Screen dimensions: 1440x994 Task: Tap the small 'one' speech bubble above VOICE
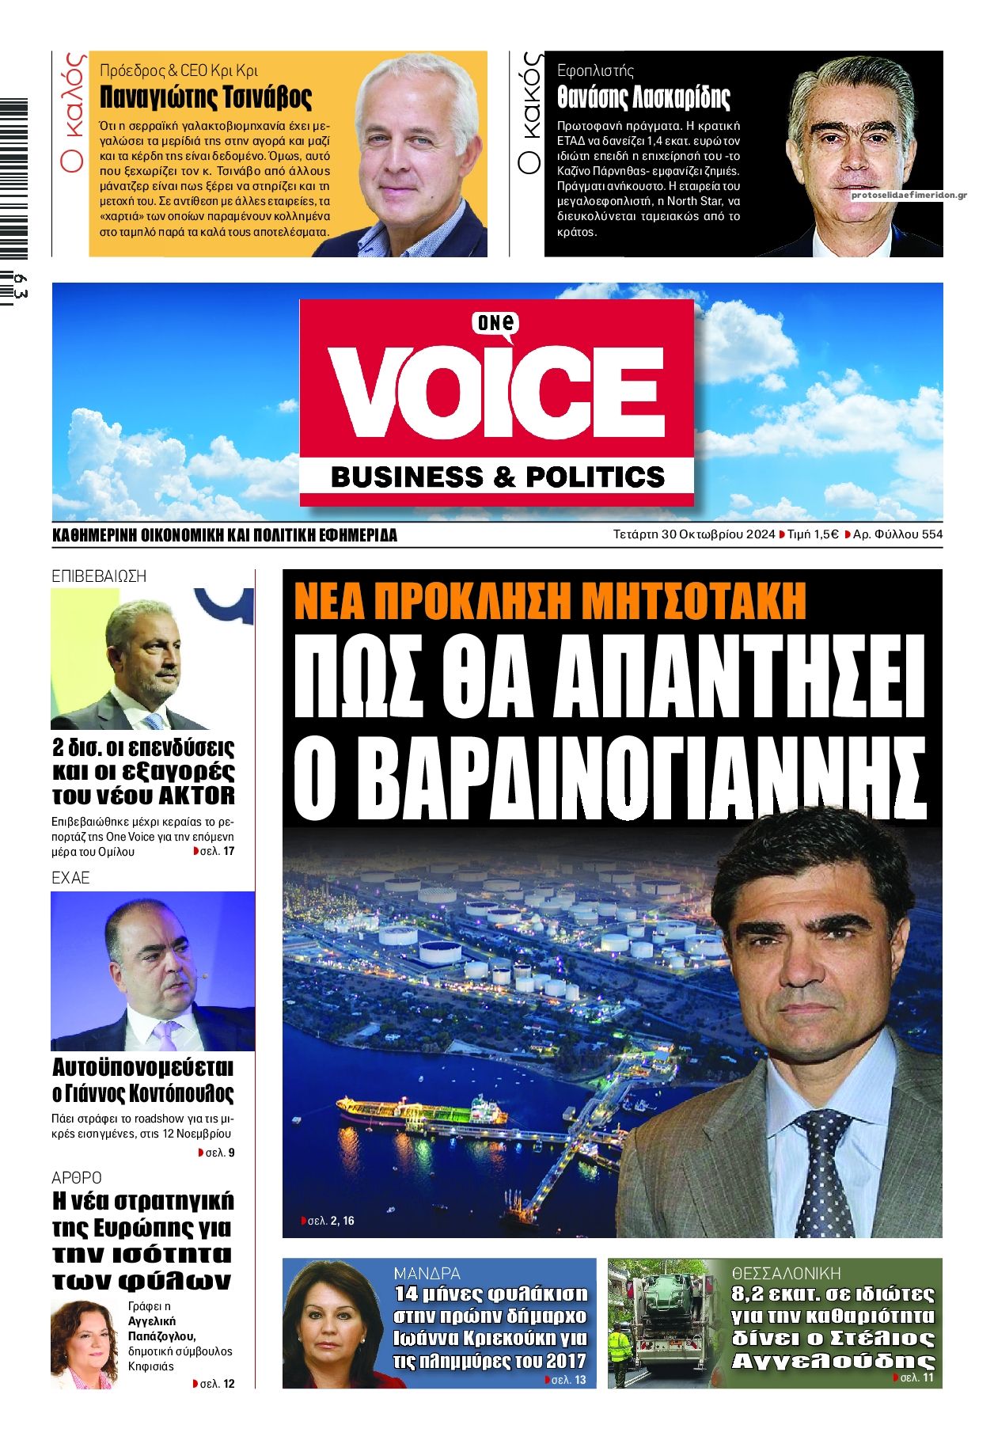coord(495,323)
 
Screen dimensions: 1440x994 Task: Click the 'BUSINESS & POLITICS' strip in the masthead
coord(497,477)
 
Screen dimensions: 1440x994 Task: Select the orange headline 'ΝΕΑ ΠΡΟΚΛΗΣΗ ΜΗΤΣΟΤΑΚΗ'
coord(550,602)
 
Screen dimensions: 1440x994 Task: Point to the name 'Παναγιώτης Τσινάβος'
coord(206,97)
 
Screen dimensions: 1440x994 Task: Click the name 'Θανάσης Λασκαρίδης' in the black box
coord(643,97)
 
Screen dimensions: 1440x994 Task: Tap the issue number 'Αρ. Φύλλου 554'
coord(897,534)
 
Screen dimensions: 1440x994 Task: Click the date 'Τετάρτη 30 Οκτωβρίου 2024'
coord(693,534)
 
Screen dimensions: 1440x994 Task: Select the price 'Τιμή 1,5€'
coord(813,534)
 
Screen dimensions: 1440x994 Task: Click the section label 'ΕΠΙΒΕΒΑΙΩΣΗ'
coord(99,576)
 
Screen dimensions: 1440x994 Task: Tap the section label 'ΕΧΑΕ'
coord(70,878)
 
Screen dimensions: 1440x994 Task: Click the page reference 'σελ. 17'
coord(218,852)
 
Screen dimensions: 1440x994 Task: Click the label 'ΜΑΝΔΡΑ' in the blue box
coord(427,1274)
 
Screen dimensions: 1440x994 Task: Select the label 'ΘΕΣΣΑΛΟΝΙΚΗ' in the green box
coord(786,1274)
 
